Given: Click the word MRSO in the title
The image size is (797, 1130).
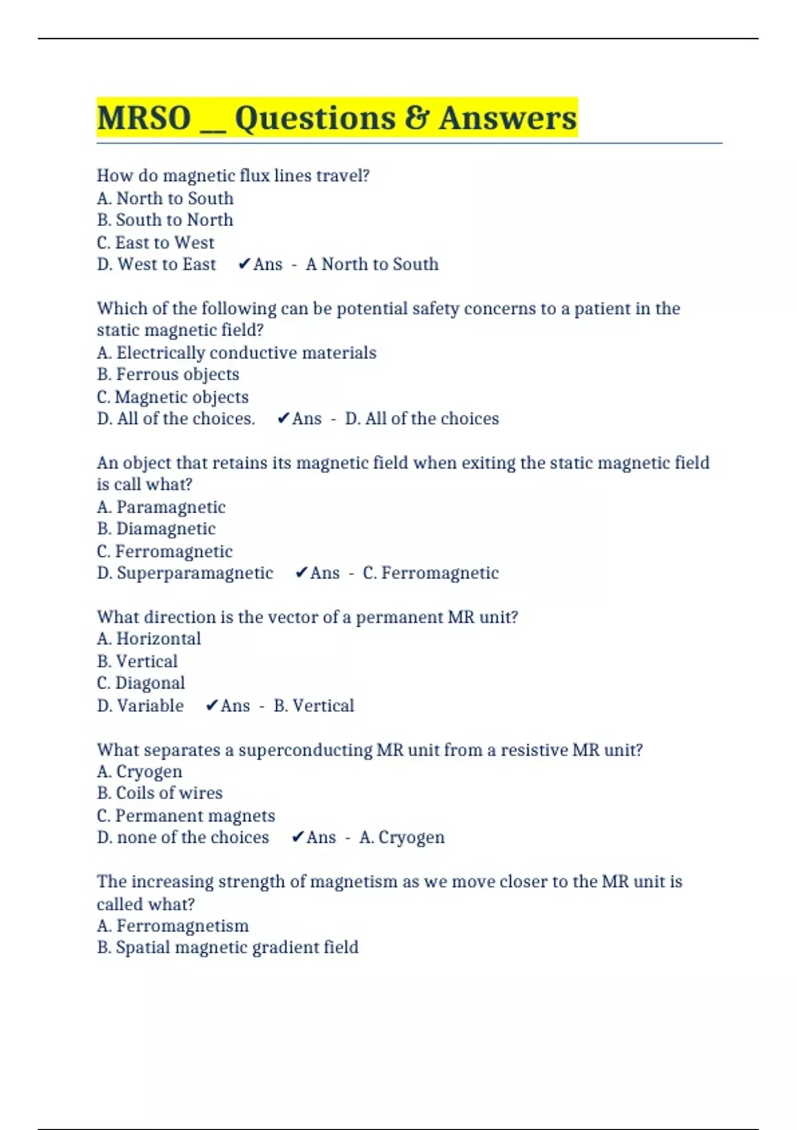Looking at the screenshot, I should point(144,118).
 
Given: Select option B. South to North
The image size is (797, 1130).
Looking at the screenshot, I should point(165,220).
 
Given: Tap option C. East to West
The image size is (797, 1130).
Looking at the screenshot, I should point(155,243).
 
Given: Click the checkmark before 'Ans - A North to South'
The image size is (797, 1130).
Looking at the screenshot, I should point(244,265).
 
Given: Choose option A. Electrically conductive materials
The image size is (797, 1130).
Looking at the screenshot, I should point(236,353).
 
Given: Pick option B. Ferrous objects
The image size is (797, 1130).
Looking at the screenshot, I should point(167,375).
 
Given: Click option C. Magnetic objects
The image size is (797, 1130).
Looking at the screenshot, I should point(173,397).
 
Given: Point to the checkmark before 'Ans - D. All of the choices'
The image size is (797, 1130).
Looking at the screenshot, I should point(283,419).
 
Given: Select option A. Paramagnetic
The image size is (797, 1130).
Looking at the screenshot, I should point(161,507).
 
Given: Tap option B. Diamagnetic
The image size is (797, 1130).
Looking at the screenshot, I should point(156,529).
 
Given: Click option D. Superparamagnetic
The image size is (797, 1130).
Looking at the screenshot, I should point(185,573).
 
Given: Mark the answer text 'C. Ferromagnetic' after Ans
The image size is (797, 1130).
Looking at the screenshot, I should point(430,573).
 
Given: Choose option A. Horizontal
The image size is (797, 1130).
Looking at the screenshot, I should point(149,639).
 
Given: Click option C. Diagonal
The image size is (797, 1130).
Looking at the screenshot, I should point(141,683).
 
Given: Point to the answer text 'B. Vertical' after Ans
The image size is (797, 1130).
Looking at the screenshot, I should point(313,706).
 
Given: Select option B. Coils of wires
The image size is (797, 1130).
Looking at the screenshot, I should point(159,793).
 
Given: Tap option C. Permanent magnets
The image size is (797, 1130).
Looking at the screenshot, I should point(185,816).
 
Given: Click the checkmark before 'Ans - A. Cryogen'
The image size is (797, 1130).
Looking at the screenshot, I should point(298,838).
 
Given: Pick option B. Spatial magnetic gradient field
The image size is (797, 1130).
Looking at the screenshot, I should point(227,947).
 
